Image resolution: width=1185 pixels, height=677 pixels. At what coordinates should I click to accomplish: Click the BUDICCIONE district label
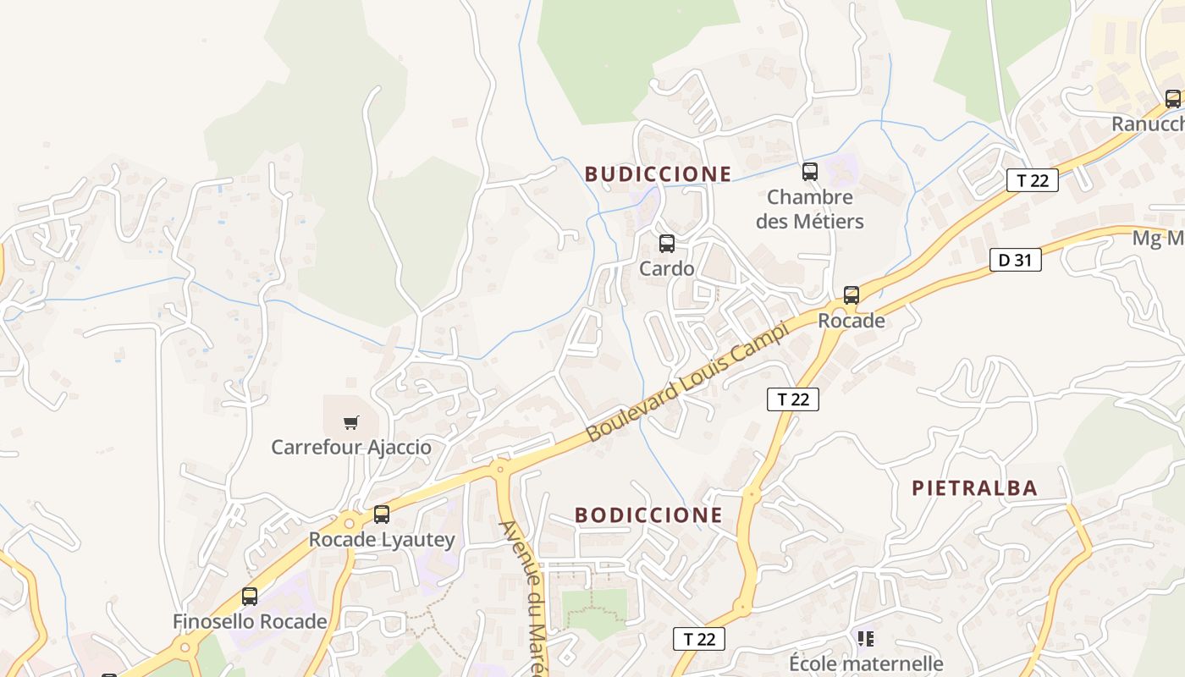click(x=658, y=174)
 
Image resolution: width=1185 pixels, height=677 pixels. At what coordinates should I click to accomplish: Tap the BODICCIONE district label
click(x=648, y=515)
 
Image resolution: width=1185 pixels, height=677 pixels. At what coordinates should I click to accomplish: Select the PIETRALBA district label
click(x=974, y=488)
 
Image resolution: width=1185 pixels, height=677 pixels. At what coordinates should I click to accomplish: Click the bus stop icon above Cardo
click(x=667, y=244)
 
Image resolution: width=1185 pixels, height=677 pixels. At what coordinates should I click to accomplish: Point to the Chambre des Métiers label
click(x=809, y=209)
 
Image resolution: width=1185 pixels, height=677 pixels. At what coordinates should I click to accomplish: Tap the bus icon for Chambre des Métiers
click(x=810, y=172)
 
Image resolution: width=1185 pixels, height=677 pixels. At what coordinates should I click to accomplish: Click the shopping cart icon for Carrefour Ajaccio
click(x=351, y=422)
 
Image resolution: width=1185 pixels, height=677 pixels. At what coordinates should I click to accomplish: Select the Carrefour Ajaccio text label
click(x=351, y=447)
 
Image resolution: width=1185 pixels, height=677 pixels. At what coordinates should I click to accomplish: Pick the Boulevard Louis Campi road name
click(x=686, y=380)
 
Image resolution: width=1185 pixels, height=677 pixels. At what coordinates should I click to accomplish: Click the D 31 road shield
click(x=1015, y=260)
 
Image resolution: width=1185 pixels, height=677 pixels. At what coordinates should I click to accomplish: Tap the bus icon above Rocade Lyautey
click(x=382, y=514)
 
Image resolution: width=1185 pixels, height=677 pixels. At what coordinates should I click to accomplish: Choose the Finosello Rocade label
click(x=250, y=621)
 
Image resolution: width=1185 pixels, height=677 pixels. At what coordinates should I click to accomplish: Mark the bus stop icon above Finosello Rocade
click(x=250, y=596)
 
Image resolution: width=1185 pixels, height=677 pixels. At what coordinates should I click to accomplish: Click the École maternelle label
click(x=866, y=663)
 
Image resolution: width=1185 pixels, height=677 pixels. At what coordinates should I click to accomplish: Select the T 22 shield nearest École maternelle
click(x=699, y=639)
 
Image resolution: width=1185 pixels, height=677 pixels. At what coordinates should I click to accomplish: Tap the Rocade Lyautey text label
click(x=382, y=539)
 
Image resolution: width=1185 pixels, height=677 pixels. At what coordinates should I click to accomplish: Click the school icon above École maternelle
click(x=865, y=638)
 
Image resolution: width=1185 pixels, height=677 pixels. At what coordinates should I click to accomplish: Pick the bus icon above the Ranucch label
click(x=1172, y=98)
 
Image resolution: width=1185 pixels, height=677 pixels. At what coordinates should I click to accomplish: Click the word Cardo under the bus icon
click(x=667, y=268)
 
